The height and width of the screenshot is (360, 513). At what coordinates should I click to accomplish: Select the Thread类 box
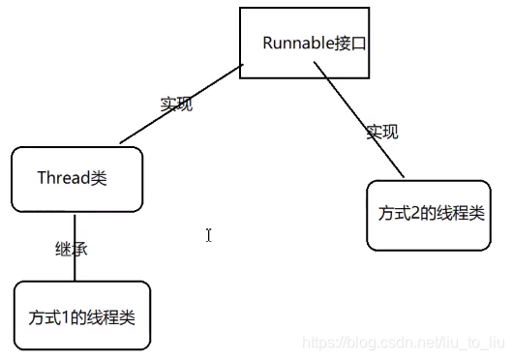pyautogui.click(x=76, y=179)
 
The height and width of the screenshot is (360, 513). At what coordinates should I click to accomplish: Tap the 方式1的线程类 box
pyautogui.click(x=82, y=315)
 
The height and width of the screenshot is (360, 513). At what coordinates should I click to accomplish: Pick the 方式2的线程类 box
pyautogui.click(x=429, y=214)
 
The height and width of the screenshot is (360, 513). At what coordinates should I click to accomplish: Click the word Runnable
pyautogui.click(x=293, y=45)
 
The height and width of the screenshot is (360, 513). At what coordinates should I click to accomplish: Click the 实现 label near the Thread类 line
pyautogui.click(x=176, y=105)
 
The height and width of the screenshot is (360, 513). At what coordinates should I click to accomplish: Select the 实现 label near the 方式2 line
pyautogui.click(x=381, y=133)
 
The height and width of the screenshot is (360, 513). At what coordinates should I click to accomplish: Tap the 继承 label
pyautogui.click(x=72, y=249)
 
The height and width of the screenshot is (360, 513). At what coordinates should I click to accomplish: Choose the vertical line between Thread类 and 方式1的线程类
pyautogui.click(x=75, y=247)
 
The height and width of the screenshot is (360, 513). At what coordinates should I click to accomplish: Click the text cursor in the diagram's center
pyautogui.click(x=208, y=234)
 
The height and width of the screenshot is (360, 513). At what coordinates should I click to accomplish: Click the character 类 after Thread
pyautogui.click(x=99, y=178)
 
